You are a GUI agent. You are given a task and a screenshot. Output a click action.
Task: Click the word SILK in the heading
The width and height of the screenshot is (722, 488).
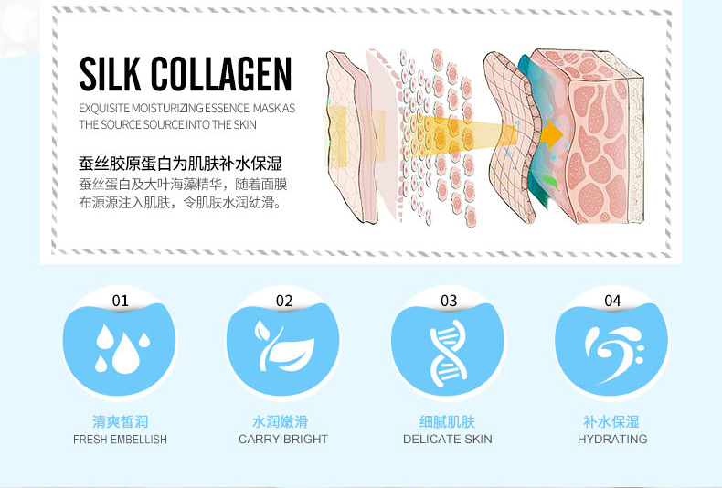(x=110, y=74)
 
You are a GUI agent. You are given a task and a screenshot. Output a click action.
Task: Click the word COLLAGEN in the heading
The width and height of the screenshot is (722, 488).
(x=221, y=74)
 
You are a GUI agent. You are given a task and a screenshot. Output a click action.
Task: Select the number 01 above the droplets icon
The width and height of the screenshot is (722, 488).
(x=120, y=301)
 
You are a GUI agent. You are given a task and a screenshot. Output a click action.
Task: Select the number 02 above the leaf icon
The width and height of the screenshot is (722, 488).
(x=284, y=301)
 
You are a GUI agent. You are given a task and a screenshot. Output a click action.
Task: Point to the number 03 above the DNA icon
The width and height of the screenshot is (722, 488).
(x=449, y=301)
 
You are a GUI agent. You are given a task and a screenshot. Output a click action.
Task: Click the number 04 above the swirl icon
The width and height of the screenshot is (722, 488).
(x=612, y=301)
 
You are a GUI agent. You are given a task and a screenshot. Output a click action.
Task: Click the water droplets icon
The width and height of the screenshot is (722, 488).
(x=122, y=348)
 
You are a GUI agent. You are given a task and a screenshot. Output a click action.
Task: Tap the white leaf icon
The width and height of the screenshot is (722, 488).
(x=284, y=345)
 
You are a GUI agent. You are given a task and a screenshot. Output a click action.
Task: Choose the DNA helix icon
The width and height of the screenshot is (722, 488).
(x=448, y=353)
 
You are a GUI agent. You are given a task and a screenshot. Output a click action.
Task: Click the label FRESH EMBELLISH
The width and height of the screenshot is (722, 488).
(x=120, y=440)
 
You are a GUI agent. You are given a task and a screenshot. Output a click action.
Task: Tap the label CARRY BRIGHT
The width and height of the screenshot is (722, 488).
(x=283, y=440)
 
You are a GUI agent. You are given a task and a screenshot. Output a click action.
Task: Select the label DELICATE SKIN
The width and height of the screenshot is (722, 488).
(x=448, y=440)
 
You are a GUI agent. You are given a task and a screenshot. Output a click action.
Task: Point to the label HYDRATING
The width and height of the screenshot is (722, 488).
(x=612, y=440)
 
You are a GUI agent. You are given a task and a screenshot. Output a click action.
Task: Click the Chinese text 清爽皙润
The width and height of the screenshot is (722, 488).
(x=120, y=421)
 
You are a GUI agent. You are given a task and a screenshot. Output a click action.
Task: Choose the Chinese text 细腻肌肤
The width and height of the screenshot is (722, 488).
(x=447, y=421)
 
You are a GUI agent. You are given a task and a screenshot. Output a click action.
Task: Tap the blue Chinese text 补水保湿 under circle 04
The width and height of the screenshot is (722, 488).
(x=611, y=421)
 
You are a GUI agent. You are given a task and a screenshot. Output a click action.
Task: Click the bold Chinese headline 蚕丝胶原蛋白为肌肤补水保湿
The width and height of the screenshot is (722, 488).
(x=180, y=164)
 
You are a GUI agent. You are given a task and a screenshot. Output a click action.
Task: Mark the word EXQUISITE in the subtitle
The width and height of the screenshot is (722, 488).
(x=104, y=109)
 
